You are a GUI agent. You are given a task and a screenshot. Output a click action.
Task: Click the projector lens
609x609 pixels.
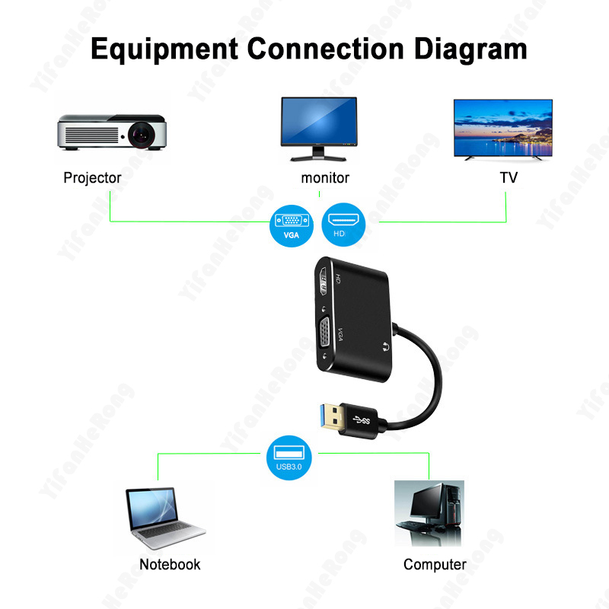coord(142,136)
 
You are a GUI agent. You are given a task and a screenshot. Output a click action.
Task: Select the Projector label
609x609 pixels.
coord(92,178)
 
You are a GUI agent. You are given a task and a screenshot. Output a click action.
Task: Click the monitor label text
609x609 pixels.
coord(325,178)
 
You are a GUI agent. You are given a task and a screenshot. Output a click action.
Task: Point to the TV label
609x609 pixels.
coord(509,178)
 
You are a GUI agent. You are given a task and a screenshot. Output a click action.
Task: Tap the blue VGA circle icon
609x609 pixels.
coord(291,225)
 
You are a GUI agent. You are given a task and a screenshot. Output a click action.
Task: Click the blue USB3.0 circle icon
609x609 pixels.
coord(291,458)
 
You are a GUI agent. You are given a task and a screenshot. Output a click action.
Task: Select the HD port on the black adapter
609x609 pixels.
coord(327,284)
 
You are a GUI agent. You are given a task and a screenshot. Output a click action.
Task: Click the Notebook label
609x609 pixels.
coord(170,564)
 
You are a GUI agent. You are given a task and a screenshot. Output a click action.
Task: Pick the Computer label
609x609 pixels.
coord(435,564)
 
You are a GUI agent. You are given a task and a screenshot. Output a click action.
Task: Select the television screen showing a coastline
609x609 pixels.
coord(502,127)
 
